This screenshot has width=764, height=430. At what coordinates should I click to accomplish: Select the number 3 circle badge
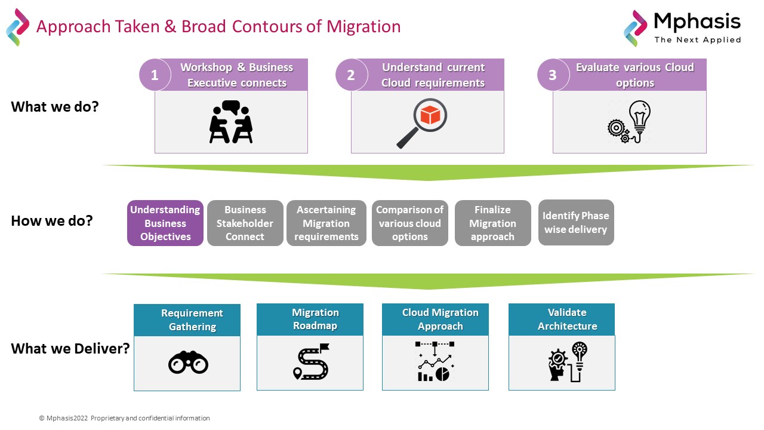pyautogui.click(x=553, y=75)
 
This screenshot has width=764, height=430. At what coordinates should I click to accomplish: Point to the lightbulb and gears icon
pyautogui.click(x=630, y=122)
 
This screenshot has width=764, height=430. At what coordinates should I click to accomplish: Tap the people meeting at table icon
pyautogui.click(x=231, y=122)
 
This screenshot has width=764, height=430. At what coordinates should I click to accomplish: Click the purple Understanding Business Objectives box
pyautogui.click(x=165, y=223)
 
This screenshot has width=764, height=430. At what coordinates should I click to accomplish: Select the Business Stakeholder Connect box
pyautogui.click(x=245, y=223)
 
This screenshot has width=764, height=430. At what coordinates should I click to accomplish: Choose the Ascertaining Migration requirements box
pyautogui.click(x=326, y=223)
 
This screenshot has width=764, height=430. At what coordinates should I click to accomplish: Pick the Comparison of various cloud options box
pyautogui.click(x=409, y=223)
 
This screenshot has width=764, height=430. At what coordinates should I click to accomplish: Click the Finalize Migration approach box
pyautogui.click(x=492, y=223)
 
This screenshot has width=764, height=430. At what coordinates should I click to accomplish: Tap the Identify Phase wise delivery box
pyautogui.click(x=575, y=222)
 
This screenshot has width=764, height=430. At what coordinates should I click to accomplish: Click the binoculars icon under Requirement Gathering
pyautogui.click(x=187, y=362)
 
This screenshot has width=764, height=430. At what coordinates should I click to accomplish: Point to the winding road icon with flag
pyautogui.click(x=310, y=362)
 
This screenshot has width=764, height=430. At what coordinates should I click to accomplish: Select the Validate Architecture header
pyautogui.click(x=567, y=320)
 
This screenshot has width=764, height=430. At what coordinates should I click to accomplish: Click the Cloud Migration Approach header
pyautogui.click(x=440, y=320)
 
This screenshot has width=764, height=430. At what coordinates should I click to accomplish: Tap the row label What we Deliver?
pyautogui.click(x=70, y=349)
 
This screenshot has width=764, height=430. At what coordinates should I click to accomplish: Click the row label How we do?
pyautogui.click(x=52, y=221)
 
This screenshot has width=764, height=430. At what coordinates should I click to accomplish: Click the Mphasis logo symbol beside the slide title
pyautogui.click(x=17, y=27)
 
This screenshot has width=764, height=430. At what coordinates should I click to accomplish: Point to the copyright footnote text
pyautogui.click(x=124, y=418)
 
